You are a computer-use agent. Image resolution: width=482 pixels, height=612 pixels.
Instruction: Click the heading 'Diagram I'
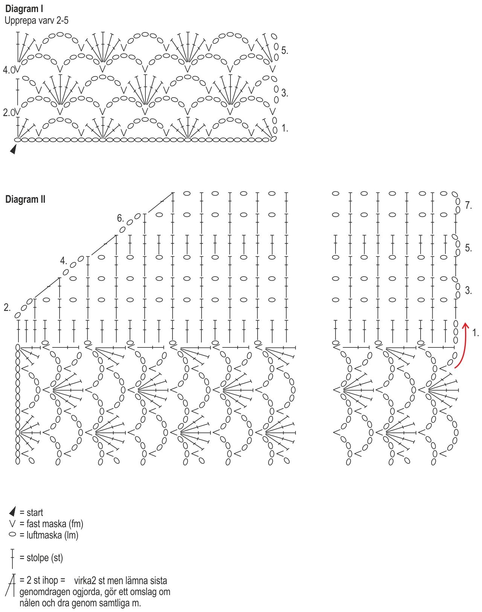coord(24,9)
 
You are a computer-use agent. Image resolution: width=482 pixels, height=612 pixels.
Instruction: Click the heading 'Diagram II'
coord(25,199)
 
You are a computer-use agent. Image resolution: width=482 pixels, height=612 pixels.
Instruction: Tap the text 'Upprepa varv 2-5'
coord(37,20)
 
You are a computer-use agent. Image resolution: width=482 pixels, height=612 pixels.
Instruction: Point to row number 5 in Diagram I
coord(284,50)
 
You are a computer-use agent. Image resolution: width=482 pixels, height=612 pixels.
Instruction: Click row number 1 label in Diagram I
coord(285,129)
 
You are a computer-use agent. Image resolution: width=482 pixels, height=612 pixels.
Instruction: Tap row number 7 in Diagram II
coord(468,205)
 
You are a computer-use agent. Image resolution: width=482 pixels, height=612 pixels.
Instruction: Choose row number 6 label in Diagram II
coord(120,218)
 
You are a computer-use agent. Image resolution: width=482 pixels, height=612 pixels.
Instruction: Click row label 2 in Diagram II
coord(7,308)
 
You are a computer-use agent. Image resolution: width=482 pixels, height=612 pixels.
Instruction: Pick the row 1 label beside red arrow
coord(475,333)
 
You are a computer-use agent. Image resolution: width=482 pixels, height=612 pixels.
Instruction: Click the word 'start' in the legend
coord(35,513)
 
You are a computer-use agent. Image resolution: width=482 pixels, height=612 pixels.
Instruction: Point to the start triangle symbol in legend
coord(13,512)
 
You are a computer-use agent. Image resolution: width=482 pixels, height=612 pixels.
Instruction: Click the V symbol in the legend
coord(12,523)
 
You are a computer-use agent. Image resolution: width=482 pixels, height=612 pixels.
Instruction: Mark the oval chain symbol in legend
coord(12,534)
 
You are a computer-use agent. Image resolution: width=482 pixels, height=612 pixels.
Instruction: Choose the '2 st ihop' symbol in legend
coord(11,585)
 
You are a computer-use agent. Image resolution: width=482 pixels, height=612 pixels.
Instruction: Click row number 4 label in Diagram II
coord(64,261)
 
